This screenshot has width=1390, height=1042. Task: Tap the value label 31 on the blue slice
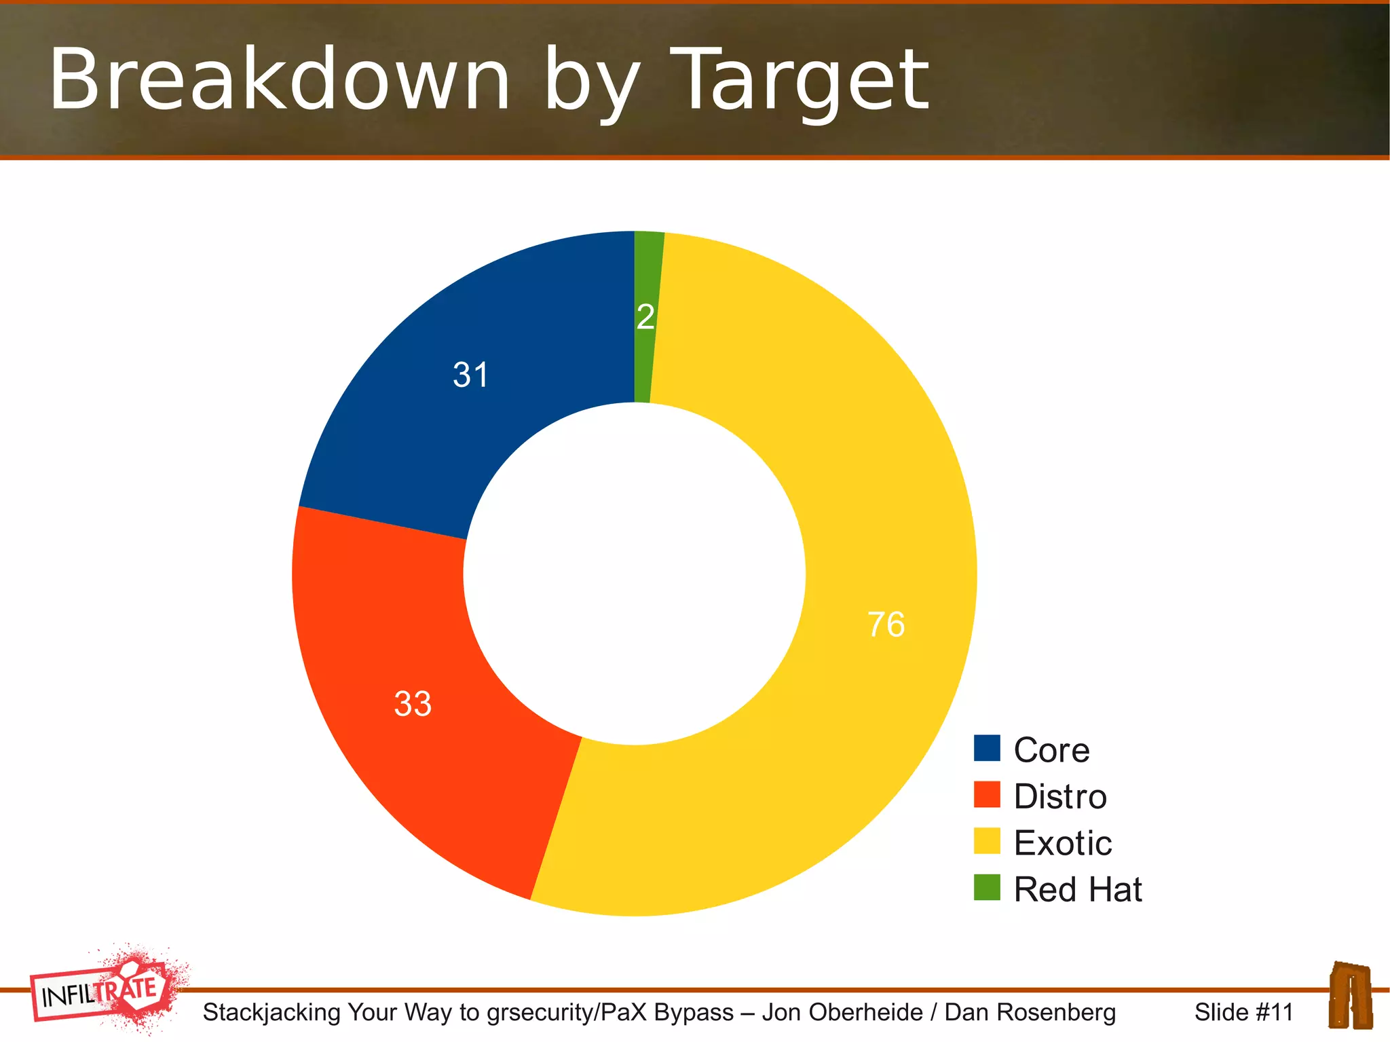[470, 375]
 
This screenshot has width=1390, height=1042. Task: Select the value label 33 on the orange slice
[413, 703]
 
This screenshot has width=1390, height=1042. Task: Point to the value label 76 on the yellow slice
[886, 625]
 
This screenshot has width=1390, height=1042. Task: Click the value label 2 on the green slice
[645, 317]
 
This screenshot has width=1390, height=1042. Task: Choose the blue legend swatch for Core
[987, 748]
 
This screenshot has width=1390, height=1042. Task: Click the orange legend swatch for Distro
[987, 794]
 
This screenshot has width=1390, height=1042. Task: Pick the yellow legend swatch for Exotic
[987, 841]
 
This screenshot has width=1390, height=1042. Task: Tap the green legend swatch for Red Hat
[987, 887]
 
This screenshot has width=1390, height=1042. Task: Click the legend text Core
[1051, 750]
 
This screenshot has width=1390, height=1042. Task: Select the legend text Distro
[1060, 796]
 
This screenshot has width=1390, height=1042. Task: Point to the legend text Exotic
[1063, 843]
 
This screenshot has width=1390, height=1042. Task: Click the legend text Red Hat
[1078, 889]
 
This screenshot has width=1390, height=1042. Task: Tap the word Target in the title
[804, 81]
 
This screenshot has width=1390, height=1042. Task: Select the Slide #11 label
[1243, 1012]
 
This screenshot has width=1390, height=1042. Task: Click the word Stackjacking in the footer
[271, 1012]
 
